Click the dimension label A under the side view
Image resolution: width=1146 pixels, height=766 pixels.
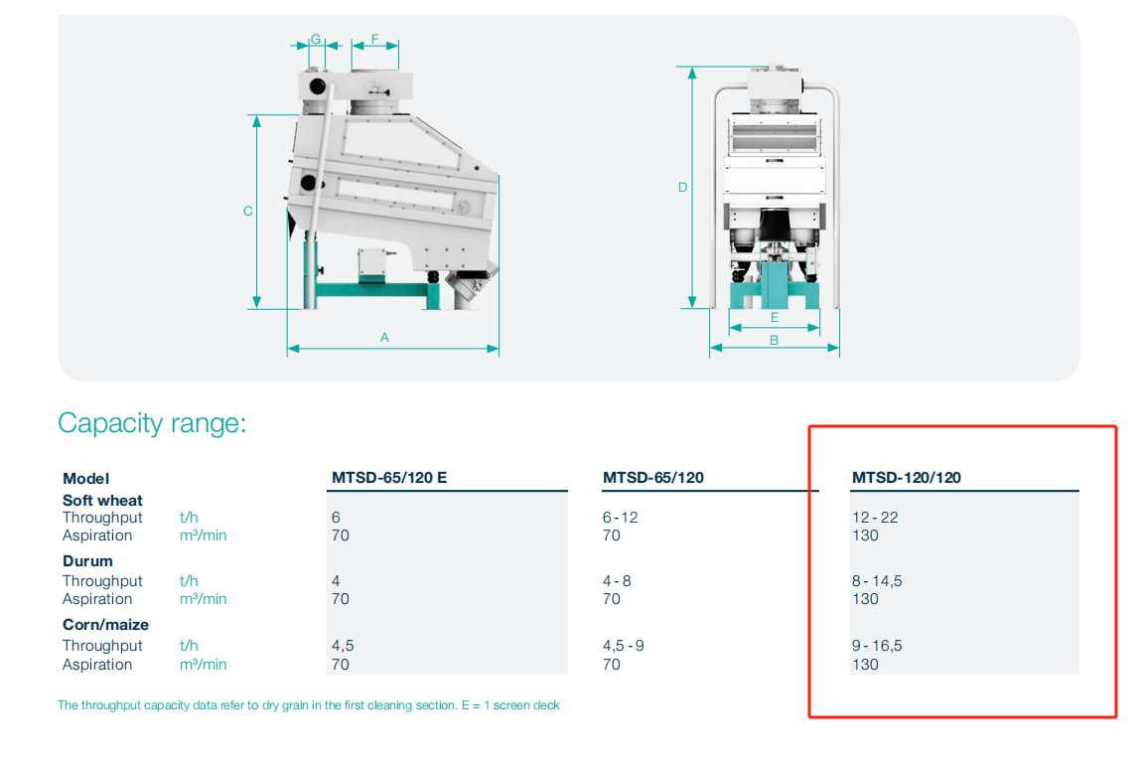[x=384, y=337]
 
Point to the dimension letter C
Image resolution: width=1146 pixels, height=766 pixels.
[x=247, y=212]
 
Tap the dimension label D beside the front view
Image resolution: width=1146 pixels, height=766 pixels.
[x=682, y=187]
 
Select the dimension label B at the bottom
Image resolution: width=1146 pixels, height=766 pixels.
[x=774, y=340]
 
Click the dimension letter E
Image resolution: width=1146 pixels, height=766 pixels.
[x=775, y=317]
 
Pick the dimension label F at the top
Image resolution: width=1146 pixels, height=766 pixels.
[x=375, y=39]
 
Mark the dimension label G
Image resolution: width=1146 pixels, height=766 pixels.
[x=316, y=39]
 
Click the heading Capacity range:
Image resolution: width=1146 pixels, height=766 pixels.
[x=152, y=423]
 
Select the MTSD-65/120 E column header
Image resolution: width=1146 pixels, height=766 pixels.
[x=389, y=478]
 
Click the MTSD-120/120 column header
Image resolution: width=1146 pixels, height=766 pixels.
[x=907, y=478]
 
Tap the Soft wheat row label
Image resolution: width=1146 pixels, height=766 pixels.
[x=102, y=501]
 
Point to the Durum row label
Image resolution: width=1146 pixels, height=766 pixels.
[x=87, y=561]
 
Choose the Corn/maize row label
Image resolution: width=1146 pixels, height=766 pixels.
[x=106, y=625]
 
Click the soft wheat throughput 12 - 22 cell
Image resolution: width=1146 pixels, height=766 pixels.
[x=875, y=518]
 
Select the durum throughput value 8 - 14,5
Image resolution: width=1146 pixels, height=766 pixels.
[x=877, y=581]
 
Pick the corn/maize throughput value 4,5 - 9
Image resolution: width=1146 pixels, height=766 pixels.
[x=624, y=646]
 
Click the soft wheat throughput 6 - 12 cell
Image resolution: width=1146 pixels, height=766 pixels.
[x=620, y=518]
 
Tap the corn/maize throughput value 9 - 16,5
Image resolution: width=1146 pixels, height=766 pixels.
[x=877, y=646]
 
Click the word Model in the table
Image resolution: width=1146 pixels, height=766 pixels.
[x=85, y=479]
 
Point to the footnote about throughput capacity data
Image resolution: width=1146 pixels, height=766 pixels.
[x=309, y=705]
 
